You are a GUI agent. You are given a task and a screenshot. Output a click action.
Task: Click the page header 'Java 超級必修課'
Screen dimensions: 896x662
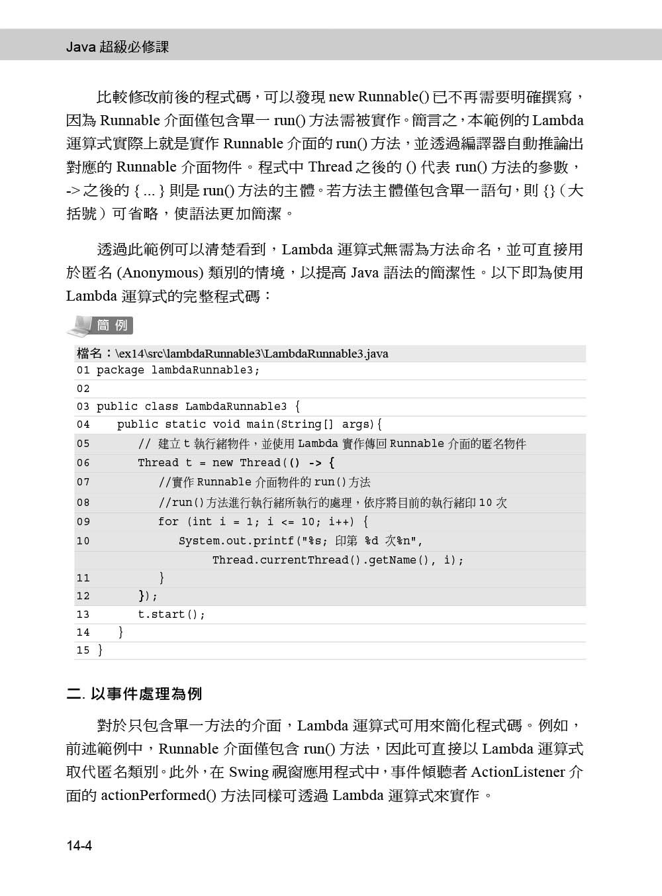(118, 47)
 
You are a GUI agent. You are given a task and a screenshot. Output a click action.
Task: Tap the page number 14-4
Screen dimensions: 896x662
(79, 846)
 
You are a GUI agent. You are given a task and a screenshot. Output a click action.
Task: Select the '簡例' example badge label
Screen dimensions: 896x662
(113, 325)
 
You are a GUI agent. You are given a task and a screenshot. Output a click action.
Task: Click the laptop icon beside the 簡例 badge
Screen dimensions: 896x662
(80, 325)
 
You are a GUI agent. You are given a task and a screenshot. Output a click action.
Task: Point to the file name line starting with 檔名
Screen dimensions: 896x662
(232, 354)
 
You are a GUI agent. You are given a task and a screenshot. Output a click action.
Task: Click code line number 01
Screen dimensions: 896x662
(83, 370)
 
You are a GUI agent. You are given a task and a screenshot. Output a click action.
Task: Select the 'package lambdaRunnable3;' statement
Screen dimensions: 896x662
(178, 370)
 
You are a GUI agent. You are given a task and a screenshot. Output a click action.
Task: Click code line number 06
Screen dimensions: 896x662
(83, 463)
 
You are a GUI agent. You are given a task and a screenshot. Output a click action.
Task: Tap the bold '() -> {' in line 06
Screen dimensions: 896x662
(312, 463)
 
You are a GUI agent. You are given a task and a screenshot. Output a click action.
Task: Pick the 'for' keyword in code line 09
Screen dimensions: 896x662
(168, 522)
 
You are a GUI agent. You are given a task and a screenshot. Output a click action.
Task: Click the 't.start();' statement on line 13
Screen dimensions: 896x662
(171, 615)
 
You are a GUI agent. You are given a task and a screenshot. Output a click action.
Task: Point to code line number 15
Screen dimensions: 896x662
(83, 650)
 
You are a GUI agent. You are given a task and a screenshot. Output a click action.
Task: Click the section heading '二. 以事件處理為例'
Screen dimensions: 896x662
(134, 694)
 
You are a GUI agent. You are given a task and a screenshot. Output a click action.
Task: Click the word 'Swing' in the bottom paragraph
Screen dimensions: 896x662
(249, 772)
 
